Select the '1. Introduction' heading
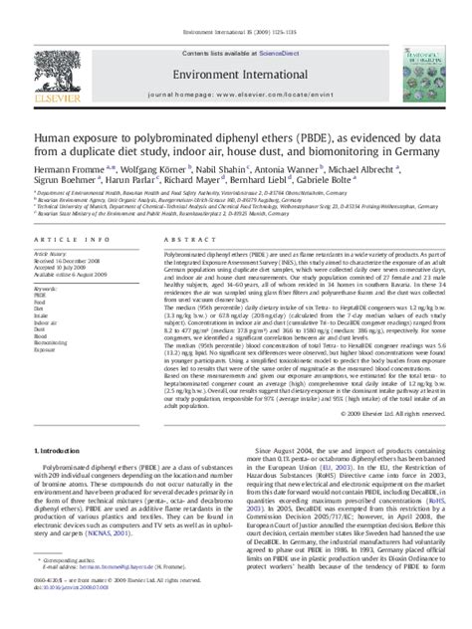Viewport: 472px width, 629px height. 53,452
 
